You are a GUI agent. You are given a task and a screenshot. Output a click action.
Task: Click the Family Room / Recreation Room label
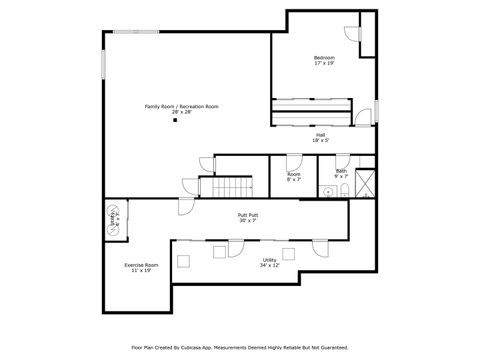(x=181, y=109)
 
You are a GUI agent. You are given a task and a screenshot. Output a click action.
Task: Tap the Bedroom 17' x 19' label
(x=324, y=60)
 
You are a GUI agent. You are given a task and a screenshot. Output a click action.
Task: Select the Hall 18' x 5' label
(x=320, y=138)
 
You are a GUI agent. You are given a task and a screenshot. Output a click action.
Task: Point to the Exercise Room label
(x=141, y=267)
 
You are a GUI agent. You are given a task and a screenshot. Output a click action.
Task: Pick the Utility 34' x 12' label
(x=269, y=262)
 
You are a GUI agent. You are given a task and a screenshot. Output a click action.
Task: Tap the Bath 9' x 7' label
(x=341, y=173)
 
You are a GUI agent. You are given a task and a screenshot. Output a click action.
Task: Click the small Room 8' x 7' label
(x=294, y=176)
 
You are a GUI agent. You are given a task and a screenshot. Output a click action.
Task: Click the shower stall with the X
(x=366, y=183)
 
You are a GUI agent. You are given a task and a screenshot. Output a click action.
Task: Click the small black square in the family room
(x=175, y=121)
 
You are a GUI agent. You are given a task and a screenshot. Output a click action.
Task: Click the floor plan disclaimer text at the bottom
(x=240, y=348)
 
